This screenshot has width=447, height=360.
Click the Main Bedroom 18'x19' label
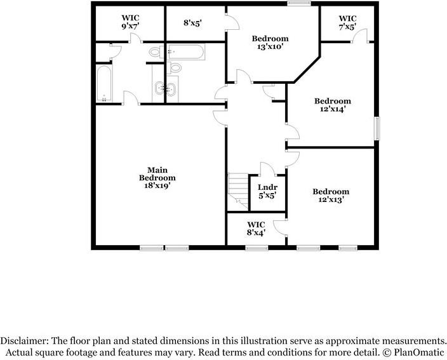pos(157,178)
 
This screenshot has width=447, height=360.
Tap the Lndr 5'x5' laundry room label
pos(267,192)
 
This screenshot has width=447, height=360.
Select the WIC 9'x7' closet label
pos(130,22)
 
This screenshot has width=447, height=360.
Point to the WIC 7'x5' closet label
pos(347,22)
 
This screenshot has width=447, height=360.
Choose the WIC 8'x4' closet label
pos(256,229)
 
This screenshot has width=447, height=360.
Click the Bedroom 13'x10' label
pos(270,43)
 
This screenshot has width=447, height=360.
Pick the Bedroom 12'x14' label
pos(333,105)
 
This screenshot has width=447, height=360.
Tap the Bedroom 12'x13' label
pos(331,196)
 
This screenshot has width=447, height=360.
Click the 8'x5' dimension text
pos(193,23)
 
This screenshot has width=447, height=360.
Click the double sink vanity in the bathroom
pos(165,88)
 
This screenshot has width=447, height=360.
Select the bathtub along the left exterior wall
pos(103,83)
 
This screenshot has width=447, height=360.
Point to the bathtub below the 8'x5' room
pos(186,52)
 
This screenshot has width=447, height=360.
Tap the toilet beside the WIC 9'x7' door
pos(156,53)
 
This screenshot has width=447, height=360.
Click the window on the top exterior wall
pos(299,3)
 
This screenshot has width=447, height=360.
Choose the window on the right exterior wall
pos(377,128)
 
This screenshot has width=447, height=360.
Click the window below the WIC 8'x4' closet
pos(257,248)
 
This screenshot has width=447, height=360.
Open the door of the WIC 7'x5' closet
pos(360,36)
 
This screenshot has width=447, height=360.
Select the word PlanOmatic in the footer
pos(419,352)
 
